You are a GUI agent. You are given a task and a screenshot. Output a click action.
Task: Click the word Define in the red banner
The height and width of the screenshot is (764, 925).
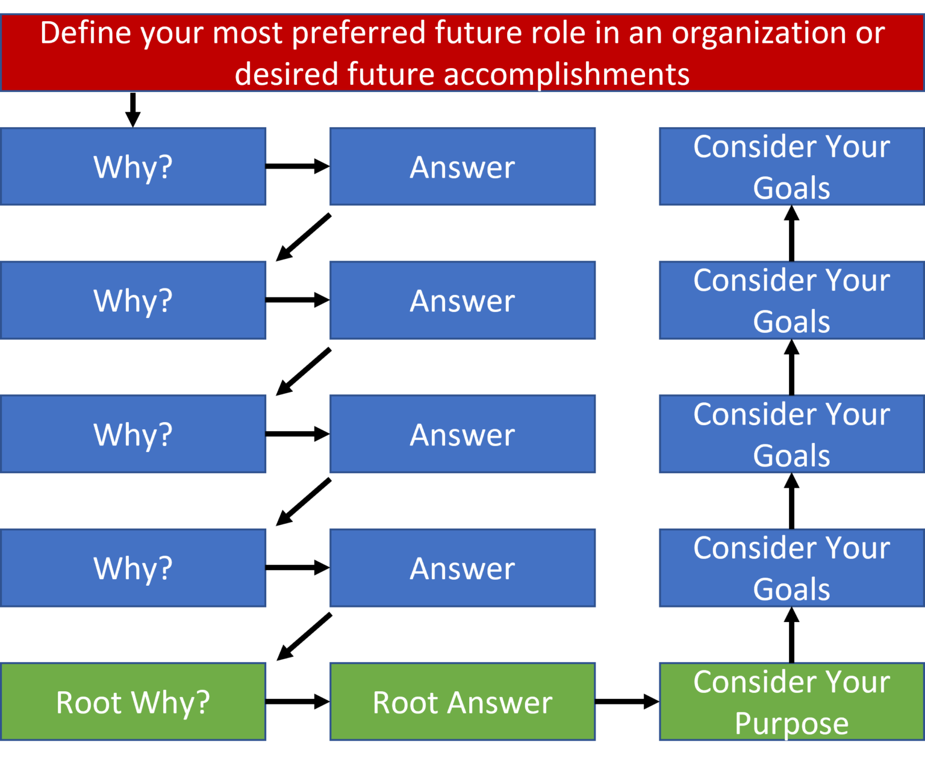click(x=86, y=33)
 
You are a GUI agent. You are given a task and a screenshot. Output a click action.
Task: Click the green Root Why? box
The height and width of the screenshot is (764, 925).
click(x=133, y=701)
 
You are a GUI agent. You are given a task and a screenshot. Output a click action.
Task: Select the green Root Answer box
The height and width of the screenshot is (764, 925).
click(x=462, y=701)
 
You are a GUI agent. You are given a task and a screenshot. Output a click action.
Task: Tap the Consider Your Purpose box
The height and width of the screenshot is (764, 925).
click(x=792, y=701)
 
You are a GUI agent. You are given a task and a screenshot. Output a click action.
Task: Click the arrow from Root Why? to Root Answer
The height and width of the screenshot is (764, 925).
click(x=297, y=701)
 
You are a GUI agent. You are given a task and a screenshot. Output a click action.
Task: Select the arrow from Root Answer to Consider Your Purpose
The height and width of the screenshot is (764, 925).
click(x=628, y=701)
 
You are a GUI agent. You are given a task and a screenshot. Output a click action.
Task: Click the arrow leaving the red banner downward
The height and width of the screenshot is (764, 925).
click(x=133, y=110)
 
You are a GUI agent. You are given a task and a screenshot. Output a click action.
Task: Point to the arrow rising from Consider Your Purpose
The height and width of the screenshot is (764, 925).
click(x=792, y=635)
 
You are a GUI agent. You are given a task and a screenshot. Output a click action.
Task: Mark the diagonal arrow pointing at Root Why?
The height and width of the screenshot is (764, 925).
click(x=304, y=637)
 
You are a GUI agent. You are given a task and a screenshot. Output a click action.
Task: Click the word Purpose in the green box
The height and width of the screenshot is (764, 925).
click(x=792, y=724)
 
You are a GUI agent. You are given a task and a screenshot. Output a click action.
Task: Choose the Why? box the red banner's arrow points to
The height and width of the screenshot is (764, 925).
click(x=133, y=167)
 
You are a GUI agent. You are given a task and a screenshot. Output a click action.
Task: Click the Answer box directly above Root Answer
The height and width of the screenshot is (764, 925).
click(x=462, y=568)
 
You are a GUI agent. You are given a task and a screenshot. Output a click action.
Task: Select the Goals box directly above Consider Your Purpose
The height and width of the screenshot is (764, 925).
click(x=792, y=568)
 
